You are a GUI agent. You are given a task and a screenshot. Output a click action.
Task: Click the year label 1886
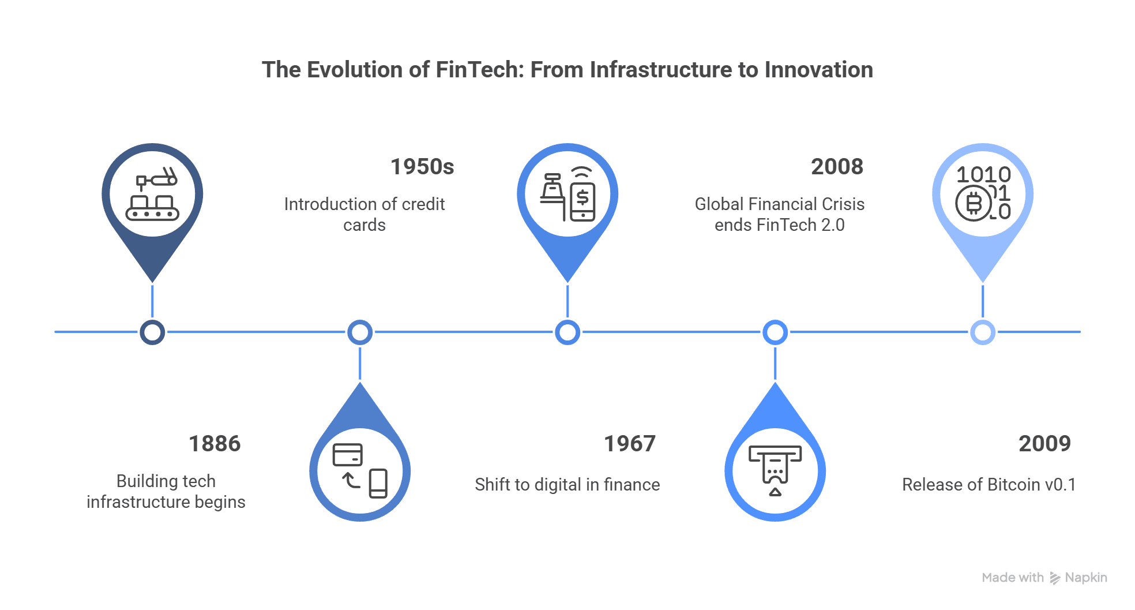pos(215,444)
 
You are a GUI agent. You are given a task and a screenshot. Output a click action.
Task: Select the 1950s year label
pos(422,167)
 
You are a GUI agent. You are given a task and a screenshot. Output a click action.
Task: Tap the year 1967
pos(630,444)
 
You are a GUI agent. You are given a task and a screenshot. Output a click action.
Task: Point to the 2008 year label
pos(837,167)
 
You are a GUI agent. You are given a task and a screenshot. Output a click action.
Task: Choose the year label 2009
pos(1044,444)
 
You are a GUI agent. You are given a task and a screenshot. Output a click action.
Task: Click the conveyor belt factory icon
pos(152,194)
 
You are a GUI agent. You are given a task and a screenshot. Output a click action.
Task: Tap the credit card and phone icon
pos(360,470)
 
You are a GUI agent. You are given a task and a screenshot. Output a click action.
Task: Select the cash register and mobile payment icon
pos(567,194)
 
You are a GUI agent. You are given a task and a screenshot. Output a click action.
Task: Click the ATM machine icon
pos(775,470)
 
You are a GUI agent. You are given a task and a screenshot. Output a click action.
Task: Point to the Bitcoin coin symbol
pos(974,203)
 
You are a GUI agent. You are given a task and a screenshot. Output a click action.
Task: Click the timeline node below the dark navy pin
pos(152,332)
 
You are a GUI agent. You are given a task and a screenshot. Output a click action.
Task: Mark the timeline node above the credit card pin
pos(360,332)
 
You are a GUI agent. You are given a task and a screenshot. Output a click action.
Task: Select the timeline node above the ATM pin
pos(775,332)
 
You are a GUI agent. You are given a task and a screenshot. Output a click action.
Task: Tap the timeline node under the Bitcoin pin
pos(983,332)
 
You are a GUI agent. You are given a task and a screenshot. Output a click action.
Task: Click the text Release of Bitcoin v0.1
pos(989,485)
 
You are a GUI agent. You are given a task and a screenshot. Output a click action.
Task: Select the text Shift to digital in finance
pos(567,485)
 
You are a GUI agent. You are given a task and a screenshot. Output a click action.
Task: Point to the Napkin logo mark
pos(1055,578)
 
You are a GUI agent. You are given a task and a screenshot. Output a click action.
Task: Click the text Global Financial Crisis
pos(780,204)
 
